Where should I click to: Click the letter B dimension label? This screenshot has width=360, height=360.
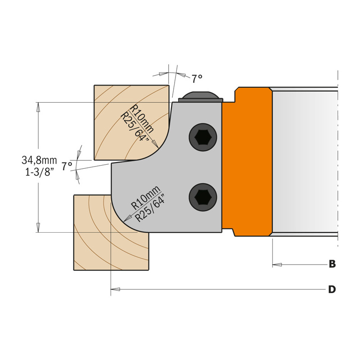[332, 264]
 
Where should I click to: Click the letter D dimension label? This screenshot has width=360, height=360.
[332, 289]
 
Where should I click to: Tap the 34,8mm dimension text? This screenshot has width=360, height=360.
[39, 160]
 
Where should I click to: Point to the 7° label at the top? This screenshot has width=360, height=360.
[197, 79]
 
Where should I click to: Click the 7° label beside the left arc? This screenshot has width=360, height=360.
[67, 166]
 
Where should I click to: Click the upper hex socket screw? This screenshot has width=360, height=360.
[203, 138]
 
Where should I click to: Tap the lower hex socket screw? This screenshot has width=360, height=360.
[203, 197]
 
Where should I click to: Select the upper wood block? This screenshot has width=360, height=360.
[131, 122]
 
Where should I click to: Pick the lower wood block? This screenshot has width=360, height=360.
[111, 233]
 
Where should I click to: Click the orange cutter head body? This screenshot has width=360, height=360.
[247, 162]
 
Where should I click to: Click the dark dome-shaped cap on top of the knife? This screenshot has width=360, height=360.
[200, 96]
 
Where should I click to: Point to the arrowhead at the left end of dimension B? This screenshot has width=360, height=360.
[277, 265]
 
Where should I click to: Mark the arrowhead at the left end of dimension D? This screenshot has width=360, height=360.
[115, 289]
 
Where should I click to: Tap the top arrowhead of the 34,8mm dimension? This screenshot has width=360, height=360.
[38, 107]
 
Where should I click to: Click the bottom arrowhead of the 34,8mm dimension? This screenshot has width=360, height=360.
[38, 228]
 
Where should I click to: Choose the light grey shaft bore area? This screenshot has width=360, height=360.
[305, 162]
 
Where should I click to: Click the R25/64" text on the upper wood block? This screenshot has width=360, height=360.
[134, 126]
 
